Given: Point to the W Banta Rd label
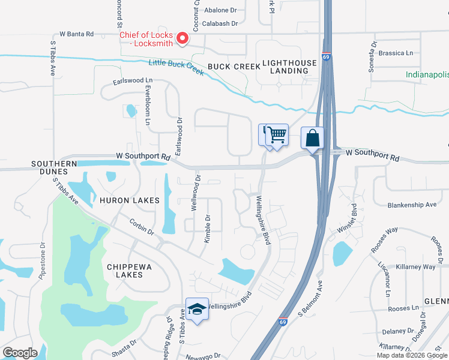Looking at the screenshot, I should click(77, 34).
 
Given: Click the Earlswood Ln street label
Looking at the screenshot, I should click(133, 80).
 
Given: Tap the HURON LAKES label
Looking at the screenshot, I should click(130, 200).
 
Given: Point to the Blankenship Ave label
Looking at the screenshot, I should click(412, 205).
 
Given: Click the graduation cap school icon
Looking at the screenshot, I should click(197, 308).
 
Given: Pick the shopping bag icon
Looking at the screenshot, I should click(312, 138).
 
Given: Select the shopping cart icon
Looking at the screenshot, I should click(277, 135).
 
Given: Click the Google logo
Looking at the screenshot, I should click(20, 353).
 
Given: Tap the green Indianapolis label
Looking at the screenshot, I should click(427, 75).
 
